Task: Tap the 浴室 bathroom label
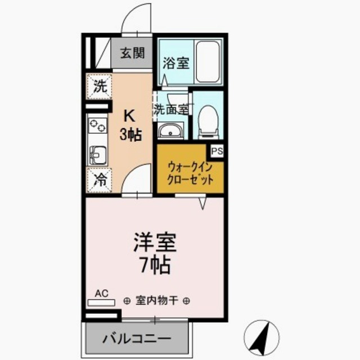point(176,63)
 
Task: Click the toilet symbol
point(208,119)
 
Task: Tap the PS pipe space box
point(217,151)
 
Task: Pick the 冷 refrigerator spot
point(99,180)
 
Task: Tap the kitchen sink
point(97,152)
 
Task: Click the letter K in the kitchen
point(129,116)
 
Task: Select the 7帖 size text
point(155,264)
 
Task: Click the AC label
point(101,293)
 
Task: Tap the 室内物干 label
point(156,300)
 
